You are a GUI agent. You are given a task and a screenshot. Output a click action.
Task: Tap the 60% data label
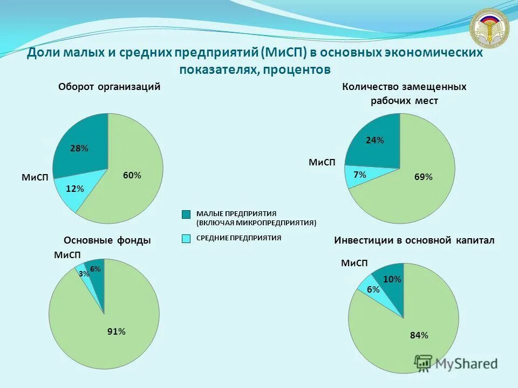click(x=132, y=175)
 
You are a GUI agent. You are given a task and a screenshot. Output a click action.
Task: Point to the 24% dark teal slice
click(x=375, y=141)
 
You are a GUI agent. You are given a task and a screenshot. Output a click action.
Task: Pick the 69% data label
click(x=424, y=177)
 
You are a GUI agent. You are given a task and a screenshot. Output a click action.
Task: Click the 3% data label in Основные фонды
click(x=84, y=274)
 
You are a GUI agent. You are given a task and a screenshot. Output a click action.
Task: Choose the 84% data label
click(x=419, y=335)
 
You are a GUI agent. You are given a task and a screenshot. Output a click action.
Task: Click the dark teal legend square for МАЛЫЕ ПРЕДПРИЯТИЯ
click(x=186, y=214)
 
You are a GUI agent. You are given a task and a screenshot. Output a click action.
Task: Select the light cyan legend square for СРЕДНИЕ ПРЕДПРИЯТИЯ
click(x=186, y=238)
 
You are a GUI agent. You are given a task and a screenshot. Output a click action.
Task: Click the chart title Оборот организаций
click(x=110, y=87)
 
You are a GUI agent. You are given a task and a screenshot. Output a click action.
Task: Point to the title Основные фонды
click(x=107, y=240)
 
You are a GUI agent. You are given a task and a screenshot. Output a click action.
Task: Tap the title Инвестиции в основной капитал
click(x=414, y=240)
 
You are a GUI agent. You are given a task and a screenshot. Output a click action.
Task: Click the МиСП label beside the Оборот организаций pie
click(x=35, y=177)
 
